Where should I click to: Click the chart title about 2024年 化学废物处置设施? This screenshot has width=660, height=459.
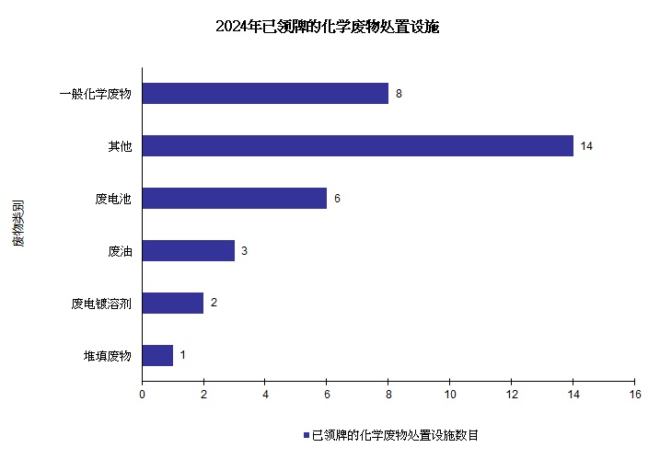coord(328,27)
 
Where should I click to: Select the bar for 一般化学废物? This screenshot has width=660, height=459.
coord(265,94)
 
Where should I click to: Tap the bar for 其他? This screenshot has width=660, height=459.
coord(357,146)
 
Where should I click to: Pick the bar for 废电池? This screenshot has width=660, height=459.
coord(235,199)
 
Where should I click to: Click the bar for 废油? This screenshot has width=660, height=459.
coord(189,251)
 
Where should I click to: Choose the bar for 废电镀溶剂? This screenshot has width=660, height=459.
coord(173,303)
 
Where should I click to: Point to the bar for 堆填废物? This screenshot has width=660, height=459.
coord(157,355)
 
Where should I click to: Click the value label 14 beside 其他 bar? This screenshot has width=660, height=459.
coord(585,146)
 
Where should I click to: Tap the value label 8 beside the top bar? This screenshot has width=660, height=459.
coord(399,94)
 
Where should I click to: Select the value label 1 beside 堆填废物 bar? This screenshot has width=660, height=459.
coord(183,355)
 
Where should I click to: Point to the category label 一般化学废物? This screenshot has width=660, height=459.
coord(96,94)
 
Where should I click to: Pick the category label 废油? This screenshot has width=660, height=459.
coord(120,251)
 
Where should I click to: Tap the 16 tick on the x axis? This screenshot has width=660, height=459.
coord(634,395)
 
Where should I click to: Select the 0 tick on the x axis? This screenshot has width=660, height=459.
coord(142,395)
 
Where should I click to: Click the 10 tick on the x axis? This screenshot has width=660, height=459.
coord(449,395)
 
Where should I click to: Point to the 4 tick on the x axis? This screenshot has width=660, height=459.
coord(265,395)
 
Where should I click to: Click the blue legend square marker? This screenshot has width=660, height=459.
coord(306,435)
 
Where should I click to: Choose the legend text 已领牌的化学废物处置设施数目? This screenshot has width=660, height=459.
coord(395,435)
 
